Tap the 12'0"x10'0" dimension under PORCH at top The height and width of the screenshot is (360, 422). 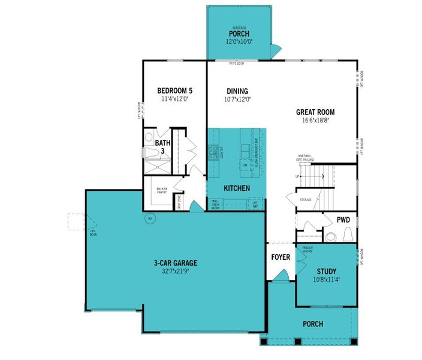coord(237,42)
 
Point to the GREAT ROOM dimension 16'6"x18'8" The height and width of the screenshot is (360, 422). coord(315,121)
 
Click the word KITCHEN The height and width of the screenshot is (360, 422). coord(237,188)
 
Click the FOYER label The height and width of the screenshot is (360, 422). coord(281,257)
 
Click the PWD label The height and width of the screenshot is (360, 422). coord(343,220)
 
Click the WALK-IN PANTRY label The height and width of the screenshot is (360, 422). coord(162,191)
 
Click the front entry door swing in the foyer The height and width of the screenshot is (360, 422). coord(278,276)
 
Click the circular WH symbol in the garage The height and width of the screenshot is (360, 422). coord(150,218)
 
